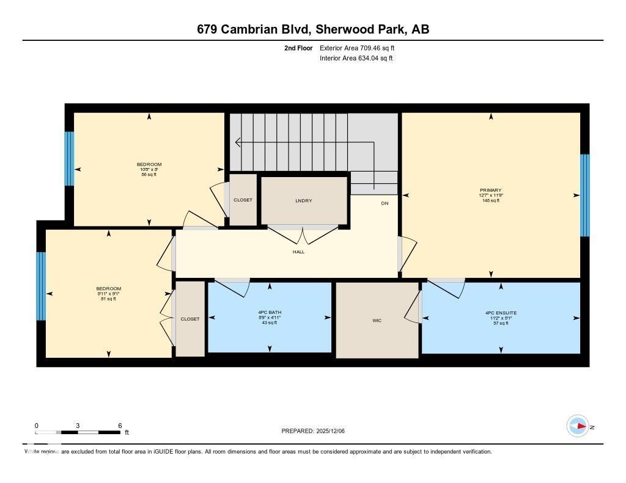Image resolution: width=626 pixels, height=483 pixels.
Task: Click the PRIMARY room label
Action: (x=490, y=190)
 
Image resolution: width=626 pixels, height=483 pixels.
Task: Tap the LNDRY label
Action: (x=303, y=200)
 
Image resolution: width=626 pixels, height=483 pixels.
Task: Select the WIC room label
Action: (x=377, y=321)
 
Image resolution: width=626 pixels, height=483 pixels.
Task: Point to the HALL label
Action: (x=298, y=252)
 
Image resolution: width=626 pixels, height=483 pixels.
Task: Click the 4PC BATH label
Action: (x=270, y=313)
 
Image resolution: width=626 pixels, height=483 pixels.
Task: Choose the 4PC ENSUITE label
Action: (x=501, y=313)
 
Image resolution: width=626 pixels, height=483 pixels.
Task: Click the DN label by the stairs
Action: (x=385, y=203)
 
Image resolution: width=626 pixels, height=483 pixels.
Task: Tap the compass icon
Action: (x=578, y=426)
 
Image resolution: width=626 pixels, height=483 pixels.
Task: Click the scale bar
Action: (x=78, y=432)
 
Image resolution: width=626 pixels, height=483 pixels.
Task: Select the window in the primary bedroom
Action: (x=584, y=195)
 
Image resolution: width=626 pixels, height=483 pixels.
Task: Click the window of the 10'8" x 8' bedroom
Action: (x=69, y=159)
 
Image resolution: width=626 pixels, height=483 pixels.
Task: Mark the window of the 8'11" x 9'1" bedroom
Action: (x=41, y=286)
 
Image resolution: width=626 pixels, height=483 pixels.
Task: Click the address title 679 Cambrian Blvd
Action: (x=312, y=29)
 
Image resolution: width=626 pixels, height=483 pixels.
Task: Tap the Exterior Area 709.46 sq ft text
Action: (x=360, y=48)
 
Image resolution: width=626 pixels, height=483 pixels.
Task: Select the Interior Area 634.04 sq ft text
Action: (x=356, y=59)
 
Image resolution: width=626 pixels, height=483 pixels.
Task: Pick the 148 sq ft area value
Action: (x=490, y=200)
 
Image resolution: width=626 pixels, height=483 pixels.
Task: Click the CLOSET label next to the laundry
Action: (x=243, y=200)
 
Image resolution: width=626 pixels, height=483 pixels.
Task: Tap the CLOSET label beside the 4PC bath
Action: (x=190, y=319)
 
